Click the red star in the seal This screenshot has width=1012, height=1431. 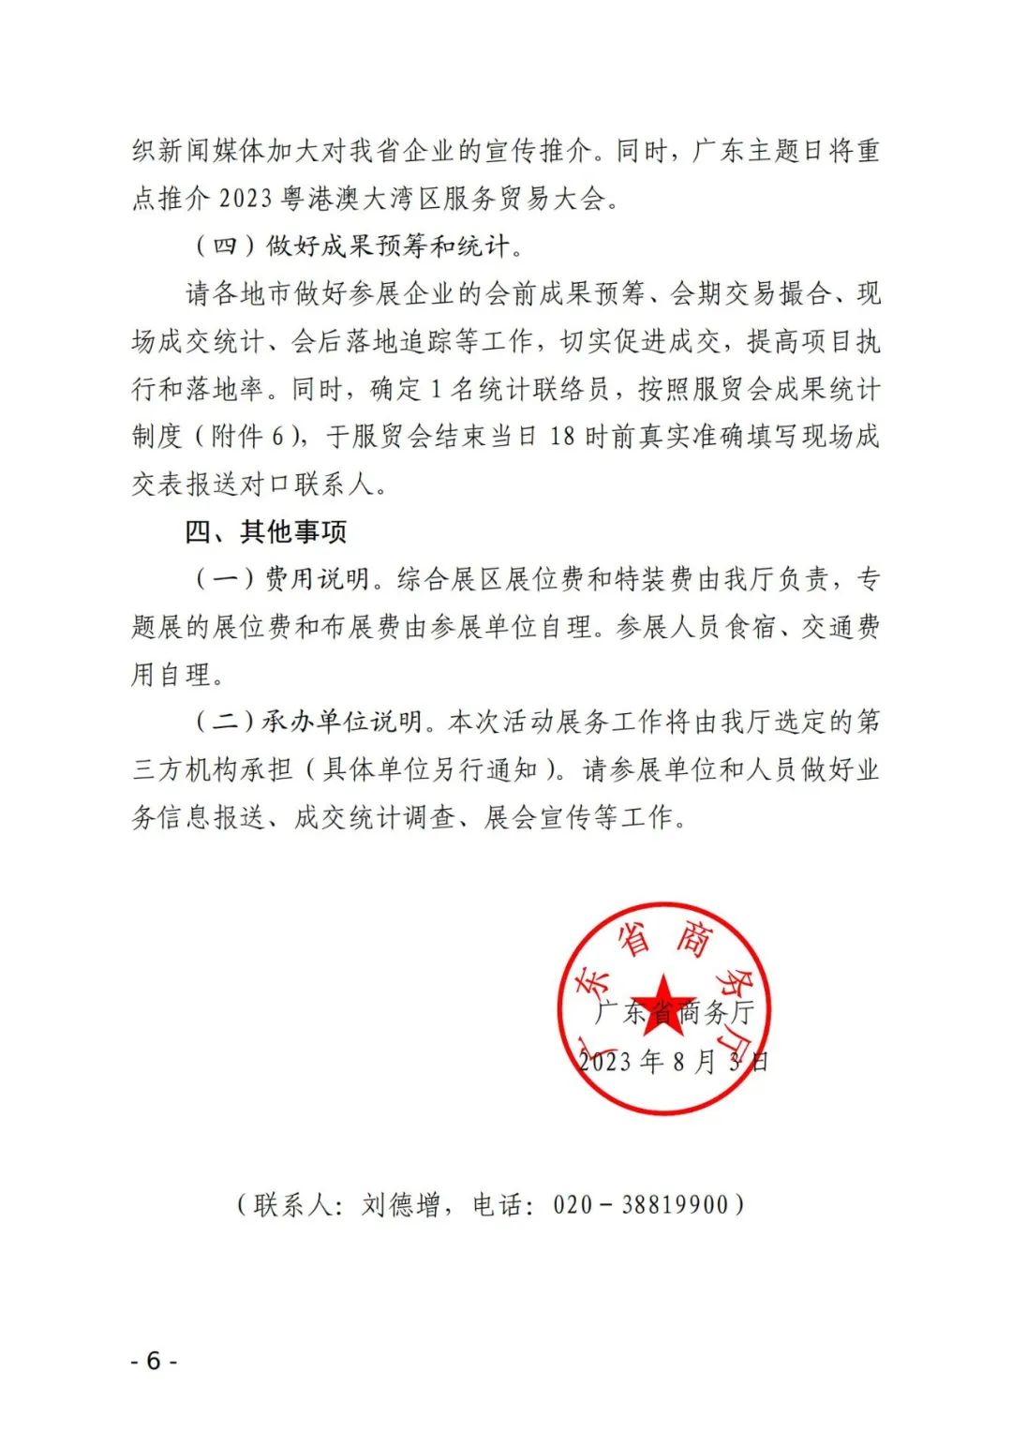[x=663, y=1001]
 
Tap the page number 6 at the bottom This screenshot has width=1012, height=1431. [x=154, y=1361]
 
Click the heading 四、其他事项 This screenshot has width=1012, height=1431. [x=266, y=532]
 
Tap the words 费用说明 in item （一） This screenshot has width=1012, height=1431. [x=318, y=579]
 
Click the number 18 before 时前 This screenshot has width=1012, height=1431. [x=562, y=437]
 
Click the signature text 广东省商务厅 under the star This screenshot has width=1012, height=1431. [x=675, y=1012]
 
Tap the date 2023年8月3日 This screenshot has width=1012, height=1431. [x=673, y=1061]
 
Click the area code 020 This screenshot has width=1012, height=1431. [x=573, y=1204]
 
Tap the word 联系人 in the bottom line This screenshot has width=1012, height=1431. [x=293, y=1204]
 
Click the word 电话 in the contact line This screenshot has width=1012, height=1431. [x=498, y=1204]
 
